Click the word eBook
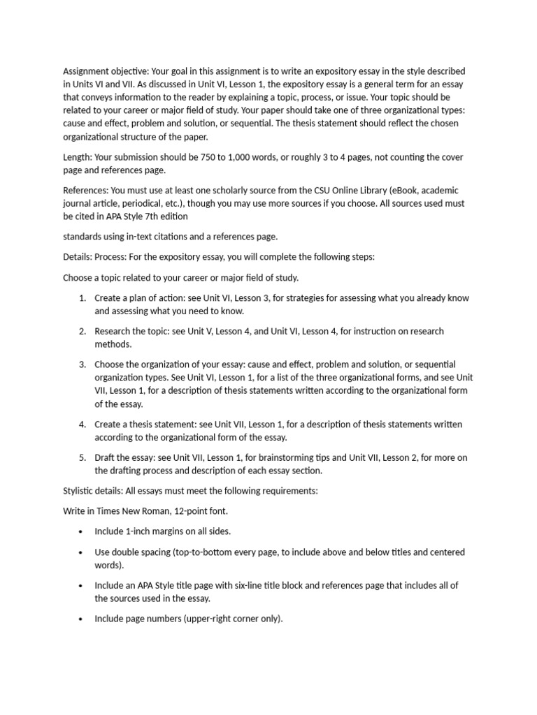pyautogui.click(x=421, y=191)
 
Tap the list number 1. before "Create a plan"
pyautogui.click(x=82, y=298)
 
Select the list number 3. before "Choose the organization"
pyautogui.click(x=82, y=364)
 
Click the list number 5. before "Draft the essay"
pyautogui.click(x=82, y=457)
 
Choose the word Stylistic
pyautogui.click(x=80, y=491)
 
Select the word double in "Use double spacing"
pyautogui.click(x=126, y=552)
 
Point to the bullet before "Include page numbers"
pyautogui.click(x=82, y=619)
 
